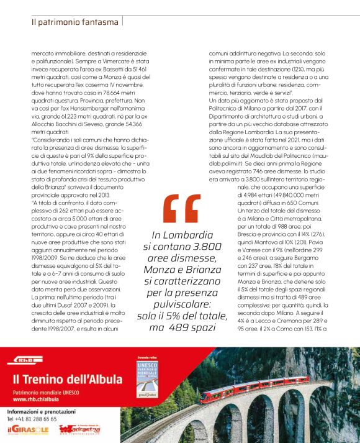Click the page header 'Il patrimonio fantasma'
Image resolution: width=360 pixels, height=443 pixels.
point(74,22)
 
